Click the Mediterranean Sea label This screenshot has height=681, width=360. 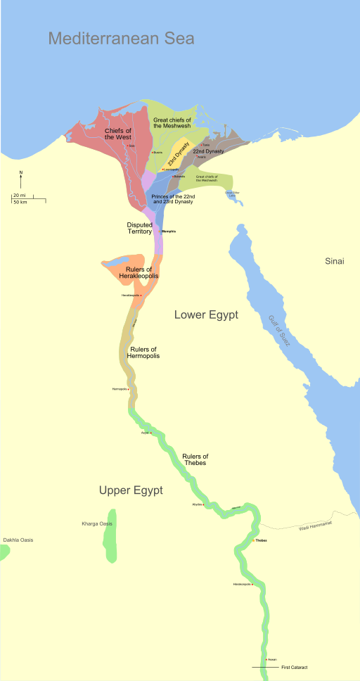(121, 38)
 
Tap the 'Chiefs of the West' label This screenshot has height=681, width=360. (118, 133)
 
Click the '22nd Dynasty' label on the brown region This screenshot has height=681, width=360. (209, 151)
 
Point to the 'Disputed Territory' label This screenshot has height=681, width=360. (140, 228)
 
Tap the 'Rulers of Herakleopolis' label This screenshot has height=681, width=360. (141, 273)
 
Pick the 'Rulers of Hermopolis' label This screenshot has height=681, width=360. (143, 352)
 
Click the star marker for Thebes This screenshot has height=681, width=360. (254, 540)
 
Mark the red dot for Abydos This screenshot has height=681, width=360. (205, 504)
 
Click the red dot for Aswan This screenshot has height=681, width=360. (266, 659)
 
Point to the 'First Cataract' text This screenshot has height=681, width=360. (294, 667)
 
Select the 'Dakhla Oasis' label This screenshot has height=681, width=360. (18, 540)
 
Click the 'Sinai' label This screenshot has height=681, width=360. (334, 261)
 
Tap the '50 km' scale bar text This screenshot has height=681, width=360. (20, 202)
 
